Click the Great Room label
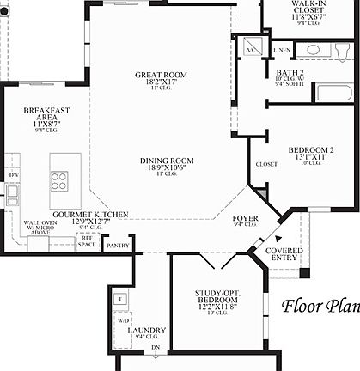[155, 76]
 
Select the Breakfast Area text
[46, 115]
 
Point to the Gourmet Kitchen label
[91, 214]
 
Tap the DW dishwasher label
[12, 175]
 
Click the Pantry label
[117, 246]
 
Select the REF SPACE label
[87, 240]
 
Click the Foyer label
[246, 219]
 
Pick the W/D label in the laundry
[123, 319]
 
